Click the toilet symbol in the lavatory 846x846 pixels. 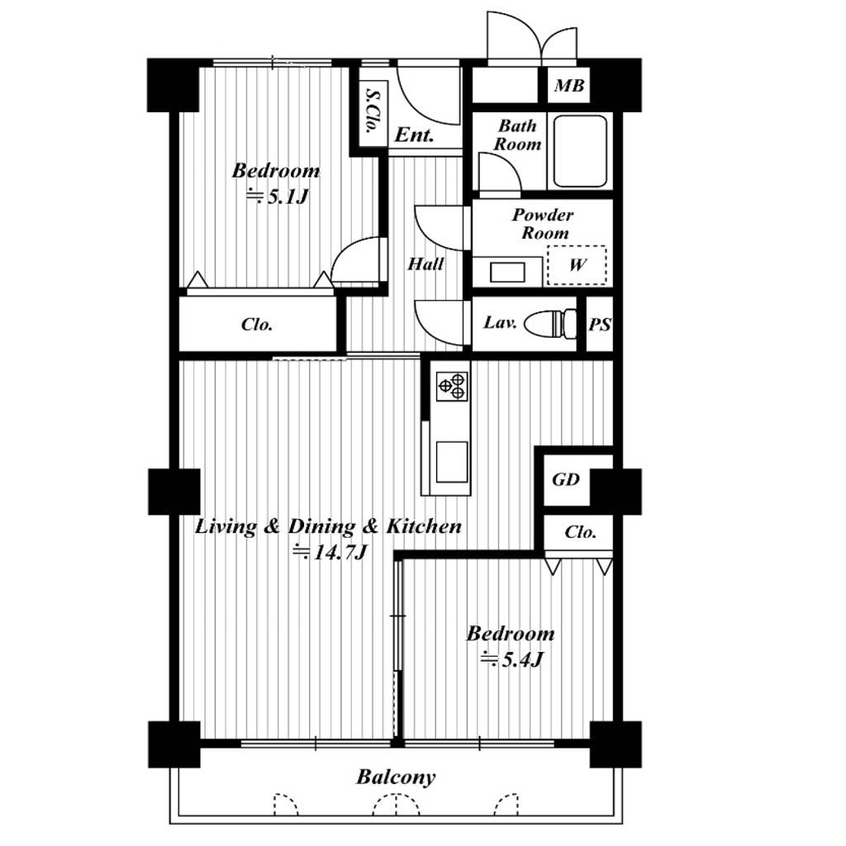pyautogui.click(x=549, y=324)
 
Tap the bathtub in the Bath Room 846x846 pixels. pyautogui.click(x=581, y=151)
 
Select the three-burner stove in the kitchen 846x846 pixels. pyautogui.click(x=452, y=386)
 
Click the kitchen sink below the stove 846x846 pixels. pyautogui.click(x=452, y=462)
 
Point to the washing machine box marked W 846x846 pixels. pyautogui.click(x=577, y=265)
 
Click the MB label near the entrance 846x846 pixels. pyautogui.click(x=569, y=85)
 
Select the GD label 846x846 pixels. pyautogui.click(x=565, y=479)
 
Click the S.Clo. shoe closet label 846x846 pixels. pyautogui.click(x=372, y=112)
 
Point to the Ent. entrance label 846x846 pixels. pyautogui.click(x=414, y=135)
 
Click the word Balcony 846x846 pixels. pyautogui.click(x=396, y=777)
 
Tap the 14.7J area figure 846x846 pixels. pyautogui.click(x=330, y=553)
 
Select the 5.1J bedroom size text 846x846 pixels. pyautogui.click(x=277, y=197)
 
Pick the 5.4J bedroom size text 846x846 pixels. pyautogui.click(x=511, y=658)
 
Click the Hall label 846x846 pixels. pyautogui.click(x=425, y=264)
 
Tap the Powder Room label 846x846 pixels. pyautogui.click(x=543, y=224)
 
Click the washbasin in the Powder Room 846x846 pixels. pyautogui.click(x=507, y=272)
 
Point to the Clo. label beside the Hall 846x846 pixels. pyautogui.click(x=257, y=324)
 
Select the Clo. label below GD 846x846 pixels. pyautogui.click(x=581, y=532)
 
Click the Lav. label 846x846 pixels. pyautogui.click(x=500, y=322)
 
